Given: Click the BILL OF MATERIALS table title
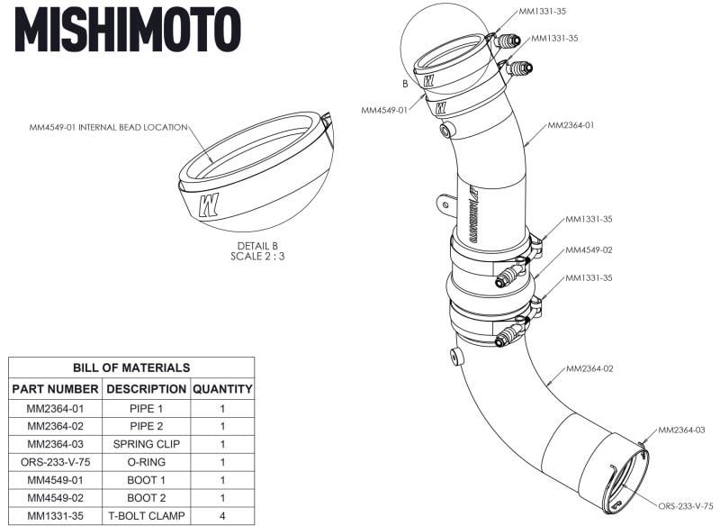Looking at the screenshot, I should coord(131,367).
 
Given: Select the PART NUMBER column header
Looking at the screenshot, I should coord(56,389).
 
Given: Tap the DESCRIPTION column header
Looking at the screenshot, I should coord(145,389).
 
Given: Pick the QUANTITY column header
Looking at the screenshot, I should coord(222,389).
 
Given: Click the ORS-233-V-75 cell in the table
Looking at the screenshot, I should coord(56,462).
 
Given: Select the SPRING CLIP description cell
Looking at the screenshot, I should coord(145,444).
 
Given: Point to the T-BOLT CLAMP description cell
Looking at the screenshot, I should coord(145,516).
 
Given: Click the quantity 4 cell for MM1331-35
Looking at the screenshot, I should coord(222,516).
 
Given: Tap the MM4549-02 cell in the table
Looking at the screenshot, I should coord(56,498).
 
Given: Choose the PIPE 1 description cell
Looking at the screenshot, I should coord(145,408).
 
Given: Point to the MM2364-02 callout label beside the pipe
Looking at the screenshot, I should coord(589,369).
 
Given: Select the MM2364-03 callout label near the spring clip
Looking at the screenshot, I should coord(681,431).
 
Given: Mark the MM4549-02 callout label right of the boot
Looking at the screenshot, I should coord(589,249).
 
